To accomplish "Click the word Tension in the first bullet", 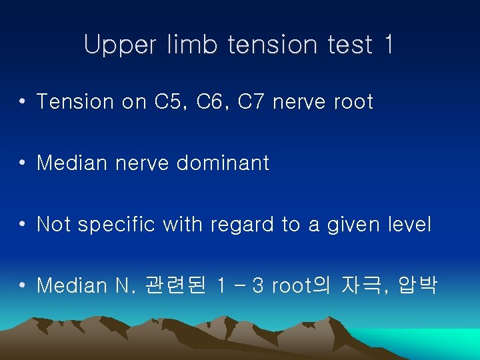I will tap(75, 102).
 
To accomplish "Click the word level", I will tap(409, 225).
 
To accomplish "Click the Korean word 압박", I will tap(418, 286).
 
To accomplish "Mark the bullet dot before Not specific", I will tap(23, 225).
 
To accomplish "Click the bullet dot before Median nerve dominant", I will tap(23, 163).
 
